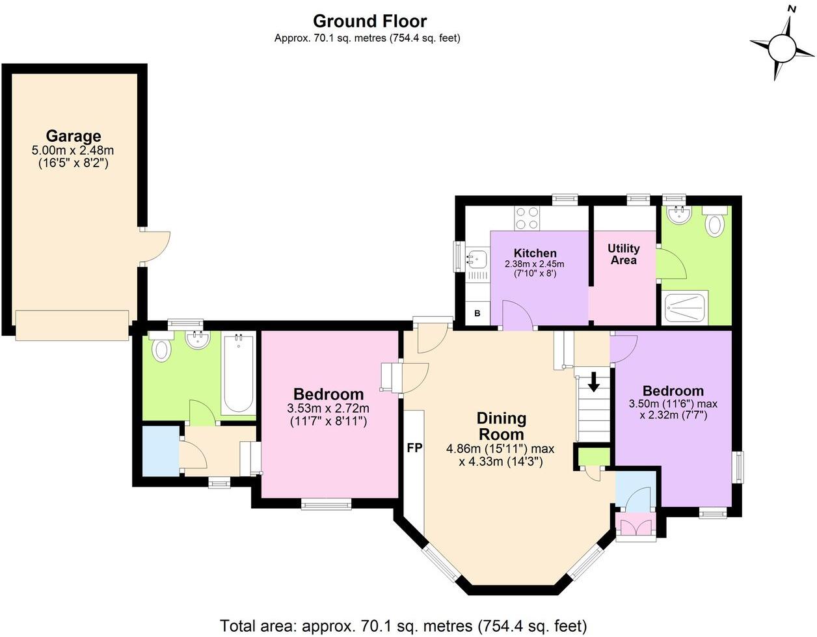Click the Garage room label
coord(74,136)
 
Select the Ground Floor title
coord(369,21)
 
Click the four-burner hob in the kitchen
coord(527,218)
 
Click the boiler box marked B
coord(477,313)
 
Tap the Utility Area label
coord(623,254)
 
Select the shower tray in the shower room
coord(685,308)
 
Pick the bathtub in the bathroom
coord(238,373)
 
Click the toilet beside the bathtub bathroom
coord(162,346)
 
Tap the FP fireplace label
coord(414,448)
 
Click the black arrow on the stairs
coord(594,381)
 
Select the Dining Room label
coord(501,426)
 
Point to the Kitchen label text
coord(535,252)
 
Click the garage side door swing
coord(155,247)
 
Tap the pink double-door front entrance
coord(636,527)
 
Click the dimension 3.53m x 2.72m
coord(328,408)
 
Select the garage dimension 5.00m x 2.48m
coord(73,150)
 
